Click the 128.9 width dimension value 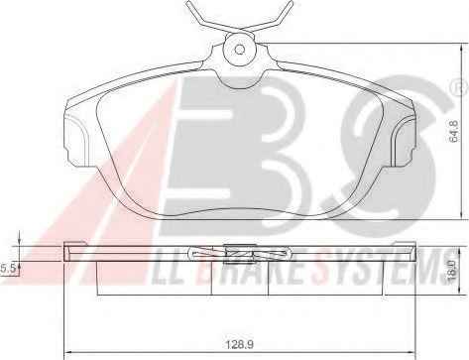click(x=240, y=345)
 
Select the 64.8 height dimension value click(x=454, y=132)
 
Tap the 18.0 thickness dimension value click(x=452, y=270)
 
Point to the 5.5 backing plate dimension click(x=8, y=269)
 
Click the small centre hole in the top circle click(x=239, y=50)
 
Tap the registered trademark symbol click(x=460, y=88)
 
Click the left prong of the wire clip click(x=202, y=17)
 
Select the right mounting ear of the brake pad click(x=403, y=141)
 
